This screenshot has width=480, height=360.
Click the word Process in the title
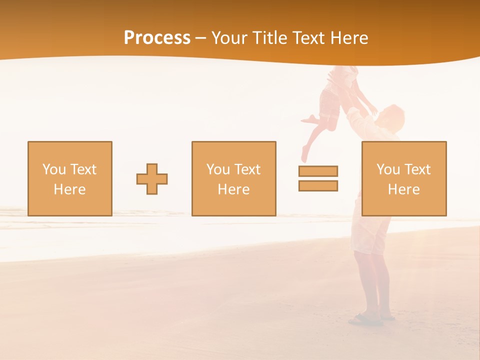click(x=157, y=38)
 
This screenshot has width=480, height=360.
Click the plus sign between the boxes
click(x=152, y=178)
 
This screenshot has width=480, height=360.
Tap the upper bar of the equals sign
click(x=318, y=171)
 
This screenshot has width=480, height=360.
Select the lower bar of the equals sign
click(x=318, y=185)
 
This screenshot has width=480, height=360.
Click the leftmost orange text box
click(x=69, y=178)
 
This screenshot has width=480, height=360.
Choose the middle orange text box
click(x=233, y=178)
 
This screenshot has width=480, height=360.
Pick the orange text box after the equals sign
click(x=403, y=178)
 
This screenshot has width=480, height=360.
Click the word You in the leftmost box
click(x=54, y=169)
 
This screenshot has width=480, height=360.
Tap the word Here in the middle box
click(x=233, y=189)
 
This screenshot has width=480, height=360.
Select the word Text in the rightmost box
click(x=417, y=169)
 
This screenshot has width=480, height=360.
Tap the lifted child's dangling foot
click(x=304, y=152)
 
